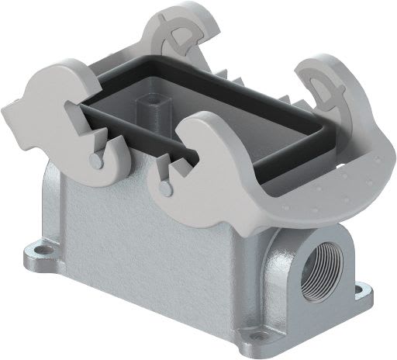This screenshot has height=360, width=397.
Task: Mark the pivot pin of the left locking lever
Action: [94, 161]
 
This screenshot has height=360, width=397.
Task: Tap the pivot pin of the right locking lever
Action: [164, 188]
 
